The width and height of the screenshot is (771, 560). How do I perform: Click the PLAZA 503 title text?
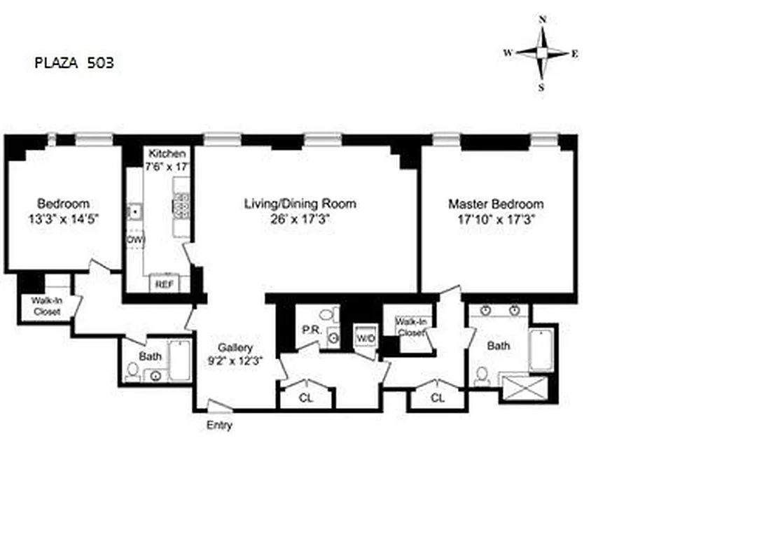coord(74,63)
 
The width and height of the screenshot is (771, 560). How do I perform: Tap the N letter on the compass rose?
coord(543,20)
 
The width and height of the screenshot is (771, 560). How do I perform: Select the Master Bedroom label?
coord(496,204)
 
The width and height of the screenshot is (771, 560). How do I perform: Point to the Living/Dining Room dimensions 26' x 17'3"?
coord(300,218)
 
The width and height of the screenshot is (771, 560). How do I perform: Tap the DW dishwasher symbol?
coord(134,239)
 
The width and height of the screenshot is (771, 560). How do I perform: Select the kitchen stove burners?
coord(181,206)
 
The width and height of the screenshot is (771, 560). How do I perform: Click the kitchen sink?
coord(134,211)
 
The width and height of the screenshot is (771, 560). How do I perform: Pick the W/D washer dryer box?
coord(366,337)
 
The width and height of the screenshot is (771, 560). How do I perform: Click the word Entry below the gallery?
coord(219,426)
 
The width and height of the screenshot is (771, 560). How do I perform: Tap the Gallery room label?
coord(235,348)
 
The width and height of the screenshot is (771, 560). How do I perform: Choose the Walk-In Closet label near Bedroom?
coord(46,307)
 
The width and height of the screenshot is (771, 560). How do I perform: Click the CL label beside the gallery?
coord(305,398)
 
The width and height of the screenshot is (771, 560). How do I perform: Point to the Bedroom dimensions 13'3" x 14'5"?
coord(64,218)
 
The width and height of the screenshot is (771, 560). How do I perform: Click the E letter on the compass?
coord(574,54)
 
